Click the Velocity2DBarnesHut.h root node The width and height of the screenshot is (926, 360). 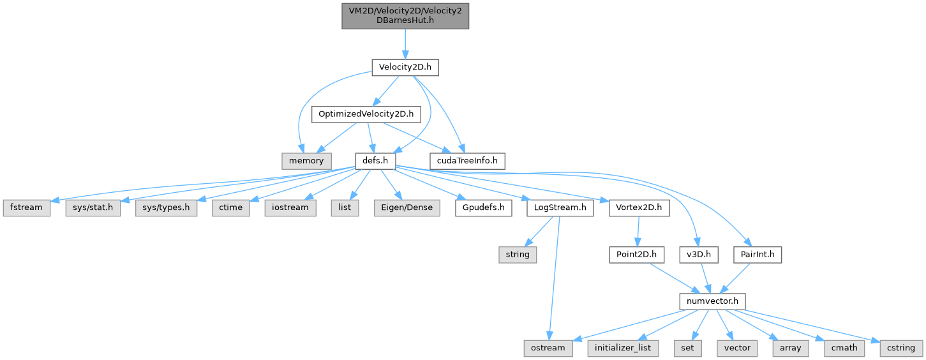(x=405, y=14)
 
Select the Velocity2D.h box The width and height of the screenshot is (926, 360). (x=405, y=68)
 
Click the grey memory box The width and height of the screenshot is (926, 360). (x=306, y=161)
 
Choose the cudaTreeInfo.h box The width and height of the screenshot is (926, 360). (x=467, y=161)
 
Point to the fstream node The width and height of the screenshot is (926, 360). (x=26, y=208)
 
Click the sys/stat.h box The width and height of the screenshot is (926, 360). (x=93, y=208)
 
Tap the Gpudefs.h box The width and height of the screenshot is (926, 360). (x=484, y=208)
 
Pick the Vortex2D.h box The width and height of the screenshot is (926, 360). (x=639, y=208)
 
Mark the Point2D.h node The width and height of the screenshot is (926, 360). (x=636, y=255)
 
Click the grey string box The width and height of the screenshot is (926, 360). (x=518, y=255)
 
